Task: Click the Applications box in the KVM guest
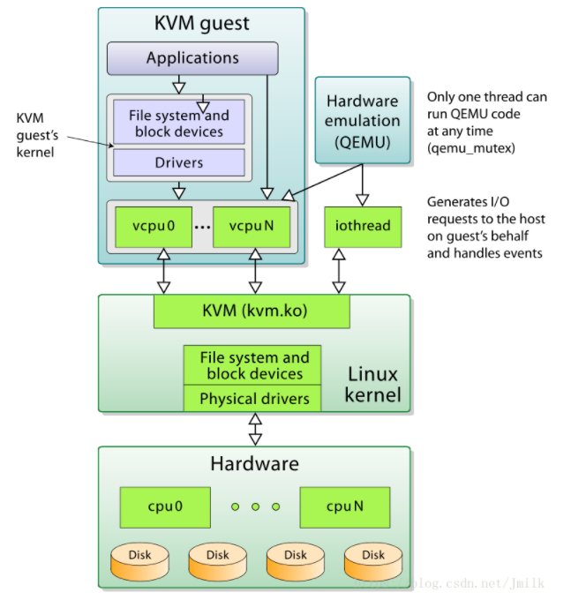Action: click(192, 58)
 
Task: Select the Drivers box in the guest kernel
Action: click(178, 162)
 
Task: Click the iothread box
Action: click(363, 226)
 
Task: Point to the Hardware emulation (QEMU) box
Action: click(363, 120)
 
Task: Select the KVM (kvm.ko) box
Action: click(252, 310)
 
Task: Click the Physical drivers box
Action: click(254, 399)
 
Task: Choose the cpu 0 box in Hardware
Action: click(166, 507)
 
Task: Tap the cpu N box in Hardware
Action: click(343, 507)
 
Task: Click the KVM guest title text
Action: click(202, 24)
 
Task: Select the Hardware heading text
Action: click(254, 464)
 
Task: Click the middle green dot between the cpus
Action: click(255, 507)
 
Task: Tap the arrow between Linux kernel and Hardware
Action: click(255, 429)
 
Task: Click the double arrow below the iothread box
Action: click(338, 270)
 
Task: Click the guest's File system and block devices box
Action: click(178, 124)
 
